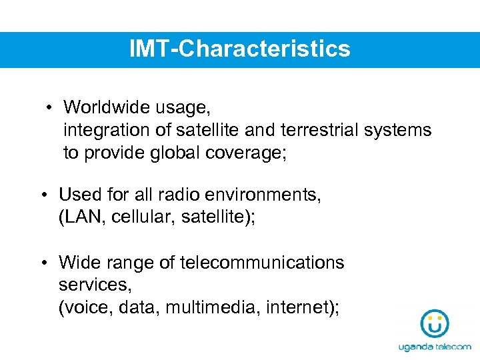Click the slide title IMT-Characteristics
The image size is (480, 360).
(240, 49)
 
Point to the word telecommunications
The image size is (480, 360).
(262, 263)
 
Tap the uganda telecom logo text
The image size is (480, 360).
(434, 347)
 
